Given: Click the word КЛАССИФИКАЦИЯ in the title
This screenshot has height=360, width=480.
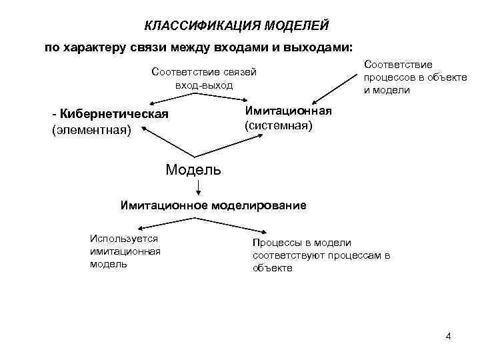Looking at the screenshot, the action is (202, 26).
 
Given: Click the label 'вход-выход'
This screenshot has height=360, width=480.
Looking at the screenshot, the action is (204, 85).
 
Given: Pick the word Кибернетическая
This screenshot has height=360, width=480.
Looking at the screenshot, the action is (114, 114).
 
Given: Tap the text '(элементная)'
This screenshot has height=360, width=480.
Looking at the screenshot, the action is (91, 129).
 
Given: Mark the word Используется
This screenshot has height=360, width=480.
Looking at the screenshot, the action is (123, 238).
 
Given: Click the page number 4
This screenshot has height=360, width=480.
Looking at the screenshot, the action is (449, 336).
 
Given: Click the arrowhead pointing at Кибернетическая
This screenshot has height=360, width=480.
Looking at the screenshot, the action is (149, 104).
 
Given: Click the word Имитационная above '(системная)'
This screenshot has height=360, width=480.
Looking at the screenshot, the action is (287, 110).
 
